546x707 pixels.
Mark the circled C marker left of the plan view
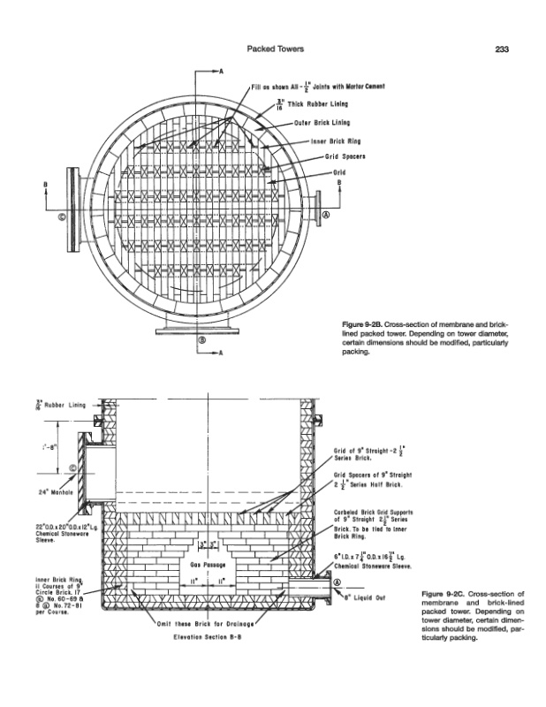click(x=62, y=215)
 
